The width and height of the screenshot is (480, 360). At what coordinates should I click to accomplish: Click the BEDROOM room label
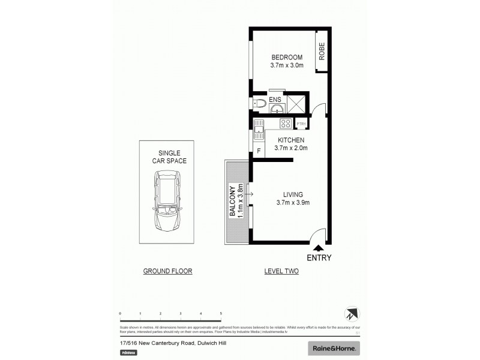[x=286, y=57]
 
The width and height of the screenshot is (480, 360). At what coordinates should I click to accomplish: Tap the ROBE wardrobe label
[x=322, y=52]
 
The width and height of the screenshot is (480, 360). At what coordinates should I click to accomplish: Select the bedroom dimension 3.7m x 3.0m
[x=286, y=65]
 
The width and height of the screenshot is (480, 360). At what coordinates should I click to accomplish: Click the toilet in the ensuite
[x=258, y=104]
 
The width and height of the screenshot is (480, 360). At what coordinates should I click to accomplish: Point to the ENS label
[x=275, y=98]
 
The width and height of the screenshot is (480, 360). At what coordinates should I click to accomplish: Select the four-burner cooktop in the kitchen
[x=286, y=124]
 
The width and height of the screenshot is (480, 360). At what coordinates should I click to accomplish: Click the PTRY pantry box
[x=301, y=124]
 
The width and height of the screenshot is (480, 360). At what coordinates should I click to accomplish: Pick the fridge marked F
[x=259, y=151]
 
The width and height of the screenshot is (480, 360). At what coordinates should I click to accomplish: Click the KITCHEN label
[x=290, y=140]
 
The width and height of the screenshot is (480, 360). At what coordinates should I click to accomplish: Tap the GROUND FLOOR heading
[x=167, y=271]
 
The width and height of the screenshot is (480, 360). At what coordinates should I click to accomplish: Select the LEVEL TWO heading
[x=281, y=271]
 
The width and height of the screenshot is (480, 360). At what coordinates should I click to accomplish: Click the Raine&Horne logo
[x=334, y=348]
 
